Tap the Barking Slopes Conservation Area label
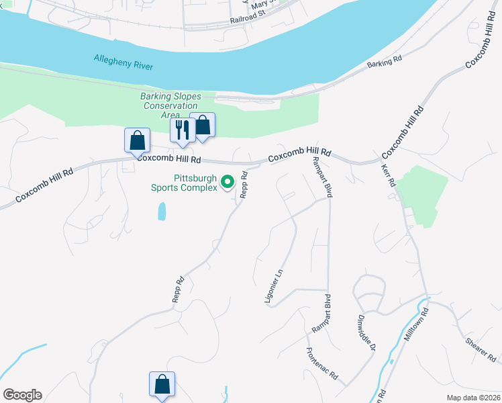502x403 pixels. [170, 105]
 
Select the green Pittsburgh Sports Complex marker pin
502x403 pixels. [228, 181]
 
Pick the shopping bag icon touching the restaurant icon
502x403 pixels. [203, 125]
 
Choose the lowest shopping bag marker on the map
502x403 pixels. [162, 385]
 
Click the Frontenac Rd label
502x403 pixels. [321, 364]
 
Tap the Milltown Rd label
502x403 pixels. [416, 325]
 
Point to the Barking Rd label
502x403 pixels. [385, 62]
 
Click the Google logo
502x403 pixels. [22, 395]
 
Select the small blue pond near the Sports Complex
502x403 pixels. [161, 212]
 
